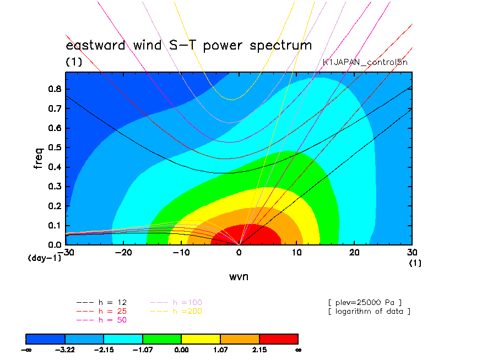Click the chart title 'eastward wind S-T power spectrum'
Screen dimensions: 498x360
click(x=188, y=46)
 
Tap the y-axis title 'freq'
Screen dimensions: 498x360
click(x=38, y=158)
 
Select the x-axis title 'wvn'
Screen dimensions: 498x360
click(x=239, y=276)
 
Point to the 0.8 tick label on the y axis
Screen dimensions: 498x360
click(x=55, y=89)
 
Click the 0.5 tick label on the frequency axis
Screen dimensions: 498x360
click(x=55, y=148)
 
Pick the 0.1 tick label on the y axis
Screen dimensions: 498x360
click(x=55, y=226)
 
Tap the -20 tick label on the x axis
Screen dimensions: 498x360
click(x=123, y=252)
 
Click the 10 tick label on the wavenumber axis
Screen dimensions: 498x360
click(x=296, y=252)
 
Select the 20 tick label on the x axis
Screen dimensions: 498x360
click(x=354, y=252)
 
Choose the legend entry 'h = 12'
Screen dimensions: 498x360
click(x=101, y=303)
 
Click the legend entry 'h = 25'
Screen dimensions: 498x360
click(x=101, y=312)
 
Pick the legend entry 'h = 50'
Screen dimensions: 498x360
click(x=101, y=320)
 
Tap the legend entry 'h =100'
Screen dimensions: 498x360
click(x=176, y=303)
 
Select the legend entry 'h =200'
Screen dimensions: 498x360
click(x=176, y=312)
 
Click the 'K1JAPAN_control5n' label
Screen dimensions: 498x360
click(x=365, y=62)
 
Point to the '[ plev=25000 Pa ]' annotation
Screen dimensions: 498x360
click(x=365, y=303)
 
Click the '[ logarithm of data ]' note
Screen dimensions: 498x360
click(x=370, y=312)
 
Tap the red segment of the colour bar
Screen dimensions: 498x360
click(x=279, y=339)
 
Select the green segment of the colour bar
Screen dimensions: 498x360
click(x=162, y=339)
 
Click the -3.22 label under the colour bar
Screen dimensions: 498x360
click(x=65, y=350)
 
